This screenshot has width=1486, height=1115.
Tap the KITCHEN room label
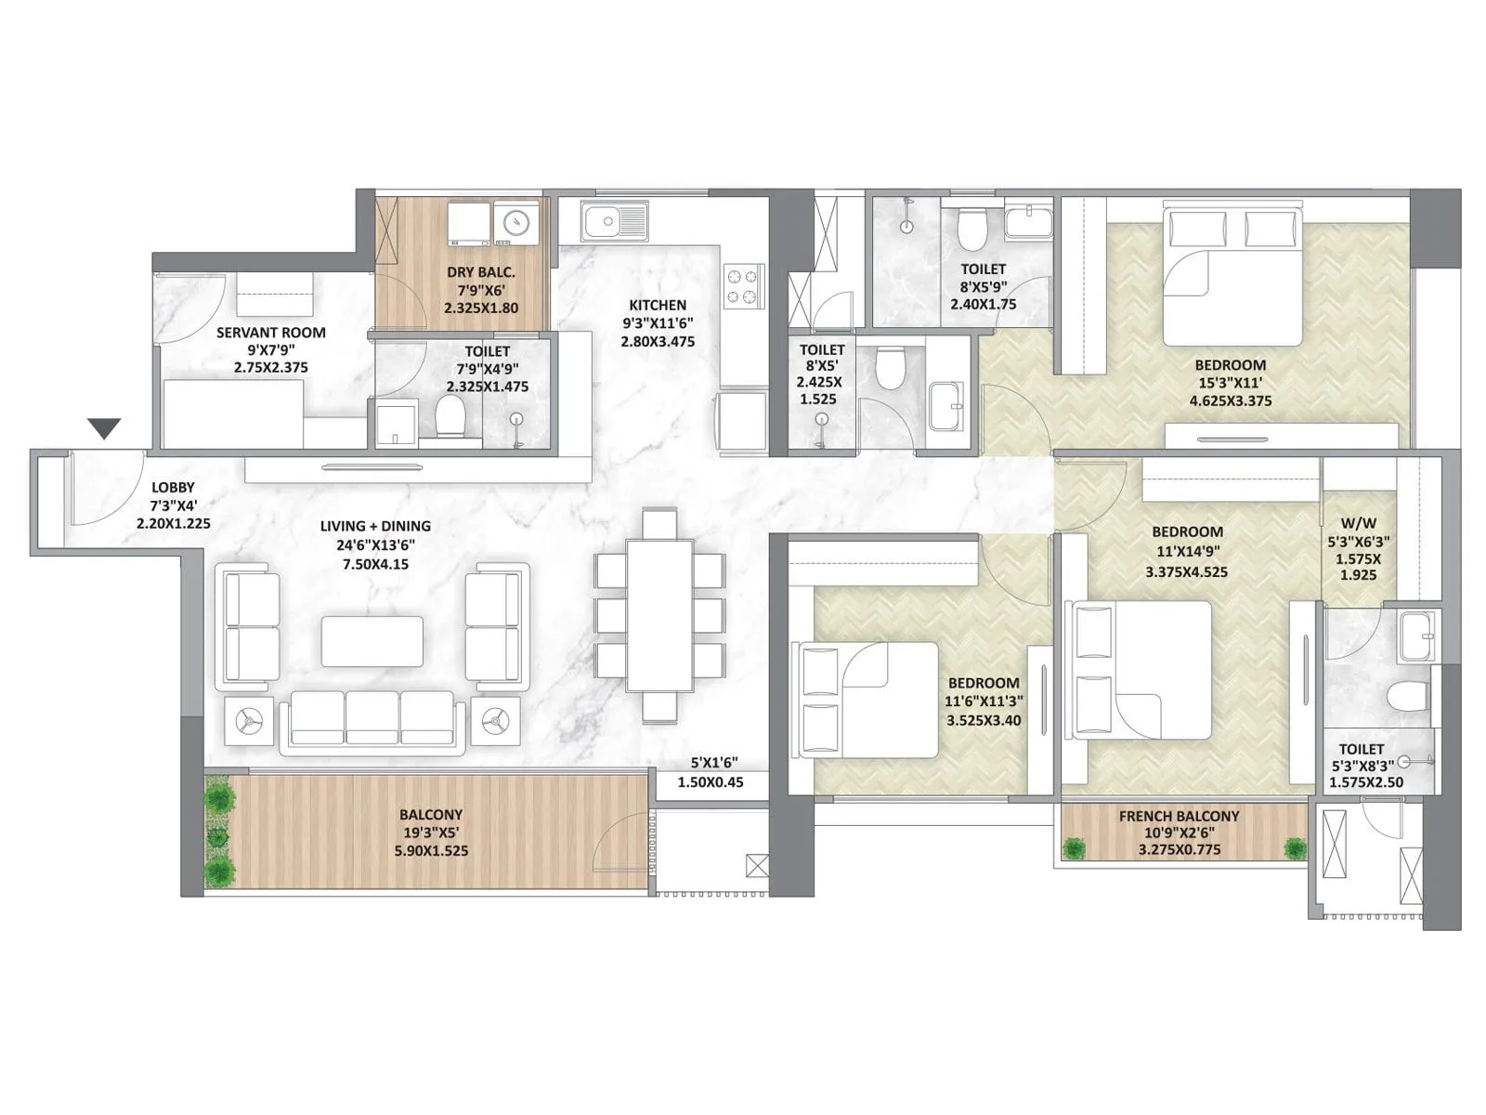tap(658, 305)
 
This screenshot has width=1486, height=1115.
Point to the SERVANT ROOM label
tap(271, 332)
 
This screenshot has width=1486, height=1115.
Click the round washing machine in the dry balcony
tap(515, 221)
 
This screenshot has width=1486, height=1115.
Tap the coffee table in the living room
tap(372, 641)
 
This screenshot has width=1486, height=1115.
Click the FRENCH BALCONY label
tap(1179, 816)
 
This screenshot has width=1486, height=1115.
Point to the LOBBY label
tap(174, 488)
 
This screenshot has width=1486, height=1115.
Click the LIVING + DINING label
tap(375, 526)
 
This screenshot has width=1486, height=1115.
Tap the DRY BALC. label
tap(481, 272)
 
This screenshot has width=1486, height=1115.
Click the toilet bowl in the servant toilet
tap(450, 415)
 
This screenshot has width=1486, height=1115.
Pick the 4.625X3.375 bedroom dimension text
tap(1230, 401)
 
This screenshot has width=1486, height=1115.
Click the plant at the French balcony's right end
tap(1294, 847)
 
